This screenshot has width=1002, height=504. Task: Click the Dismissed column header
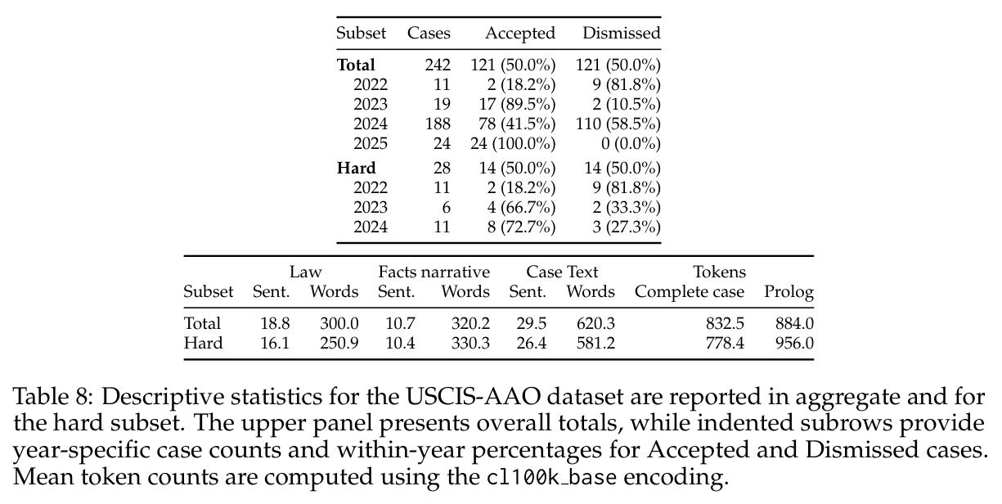tap(622, 33)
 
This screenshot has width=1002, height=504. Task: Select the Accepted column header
tap(520, 33)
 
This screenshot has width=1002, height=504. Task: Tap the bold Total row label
tap(356, 65)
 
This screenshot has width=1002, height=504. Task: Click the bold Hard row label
tap(356, 168)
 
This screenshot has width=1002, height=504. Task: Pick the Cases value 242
tap(438, 65)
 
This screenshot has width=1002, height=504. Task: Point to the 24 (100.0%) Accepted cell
tap(513, 144)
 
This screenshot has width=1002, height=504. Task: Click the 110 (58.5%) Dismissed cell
tap(618, 124)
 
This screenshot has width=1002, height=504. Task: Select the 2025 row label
tap(371, 144)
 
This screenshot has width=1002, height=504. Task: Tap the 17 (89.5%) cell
tap(517, 104)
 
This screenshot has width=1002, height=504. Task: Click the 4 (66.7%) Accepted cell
tap(521, 207)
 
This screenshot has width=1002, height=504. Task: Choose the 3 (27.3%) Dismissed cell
tap(627, 227)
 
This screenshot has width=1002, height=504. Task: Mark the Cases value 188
tap(438, 124)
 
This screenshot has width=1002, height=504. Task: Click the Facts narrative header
tap(434, 272)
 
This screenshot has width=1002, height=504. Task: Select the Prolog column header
tap(789, 292)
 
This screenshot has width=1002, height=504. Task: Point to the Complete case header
tap(690, 292)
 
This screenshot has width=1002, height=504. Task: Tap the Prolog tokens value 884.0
tap(794, 323)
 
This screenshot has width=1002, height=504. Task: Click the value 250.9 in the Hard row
tap(339, 344)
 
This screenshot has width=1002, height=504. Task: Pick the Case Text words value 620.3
tap(595, 323)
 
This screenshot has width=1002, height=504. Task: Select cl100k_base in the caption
tap(551, 477)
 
